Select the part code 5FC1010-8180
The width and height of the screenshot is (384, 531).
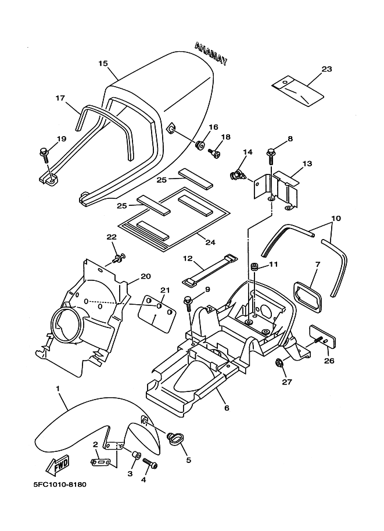(60, 484)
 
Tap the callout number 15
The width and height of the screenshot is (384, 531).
(103, 63)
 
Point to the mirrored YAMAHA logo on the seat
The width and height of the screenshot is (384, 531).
(211, 53)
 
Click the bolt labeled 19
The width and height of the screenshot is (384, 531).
(44, 154)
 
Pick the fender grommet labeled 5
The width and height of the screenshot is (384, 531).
(175, 439)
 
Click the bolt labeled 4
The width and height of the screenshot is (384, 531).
(150, 463)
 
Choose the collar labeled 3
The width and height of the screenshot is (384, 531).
(137, 456)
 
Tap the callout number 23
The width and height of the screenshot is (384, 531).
(326, 69)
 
